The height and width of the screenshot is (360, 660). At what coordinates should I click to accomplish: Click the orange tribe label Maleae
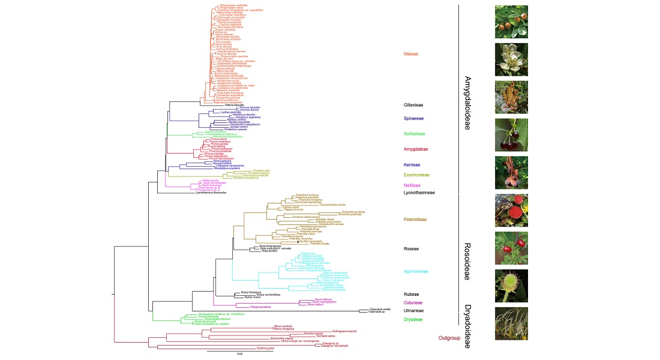410,54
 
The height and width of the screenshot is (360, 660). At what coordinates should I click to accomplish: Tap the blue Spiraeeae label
413,118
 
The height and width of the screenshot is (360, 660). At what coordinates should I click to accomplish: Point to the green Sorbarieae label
413,134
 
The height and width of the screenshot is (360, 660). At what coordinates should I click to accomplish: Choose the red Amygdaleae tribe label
415,149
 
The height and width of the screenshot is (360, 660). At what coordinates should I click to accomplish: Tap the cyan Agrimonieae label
416,271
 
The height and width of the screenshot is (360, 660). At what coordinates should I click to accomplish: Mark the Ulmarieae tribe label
413,311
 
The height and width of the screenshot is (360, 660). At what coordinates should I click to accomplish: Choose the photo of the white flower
511,59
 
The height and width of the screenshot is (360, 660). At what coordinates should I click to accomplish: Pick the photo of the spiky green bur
511,286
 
